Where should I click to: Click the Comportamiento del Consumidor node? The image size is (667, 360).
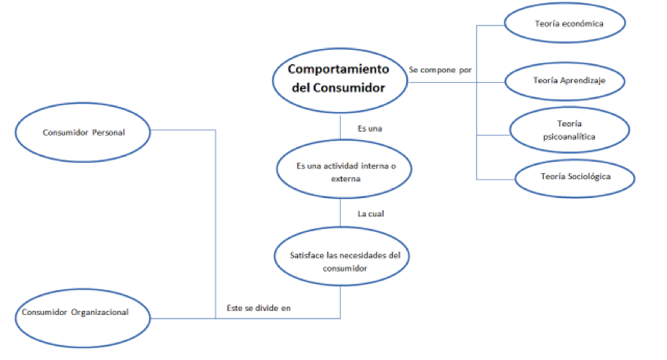[339, 78]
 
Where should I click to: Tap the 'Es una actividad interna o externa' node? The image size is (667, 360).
[344, 172]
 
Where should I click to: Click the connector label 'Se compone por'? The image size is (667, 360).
[440, 69]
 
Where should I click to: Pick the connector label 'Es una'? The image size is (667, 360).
[369, 129]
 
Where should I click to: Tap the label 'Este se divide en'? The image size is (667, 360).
[259, 307]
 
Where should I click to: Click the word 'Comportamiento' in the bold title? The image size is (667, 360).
[339, 69]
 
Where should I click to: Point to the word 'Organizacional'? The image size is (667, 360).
[109, 313]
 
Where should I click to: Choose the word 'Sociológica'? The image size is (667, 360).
[589, 177]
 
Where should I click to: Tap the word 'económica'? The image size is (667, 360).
[581, 24]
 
